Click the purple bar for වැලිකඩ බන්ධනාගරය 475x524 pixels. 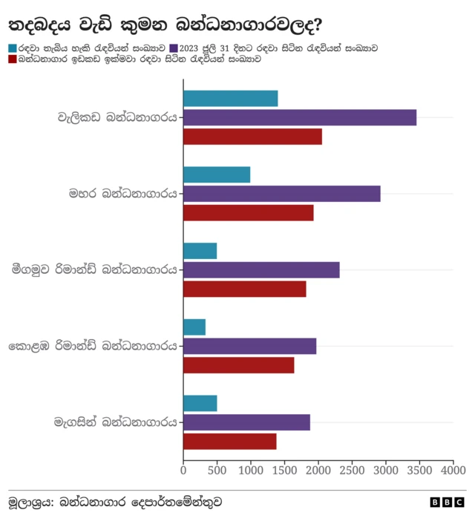pyautogui.click(x=299, y=117)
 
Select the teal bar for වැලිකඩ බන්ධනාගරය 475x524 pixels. pyautogui.click(x=230, y=98)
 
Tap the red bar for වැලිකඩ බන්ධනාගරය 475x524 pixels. pyautogui.click(x=252, y=137)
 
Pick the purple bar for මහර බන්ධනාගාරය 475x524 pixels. pyautogui.click(x=281, y=194)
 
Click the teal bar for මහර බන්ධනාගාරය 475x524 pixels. pyautogui.click(x=217, y=174)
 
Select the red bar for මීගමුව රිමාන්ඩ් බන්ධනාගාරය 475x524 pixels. pyautogui.click(x=244, y=289)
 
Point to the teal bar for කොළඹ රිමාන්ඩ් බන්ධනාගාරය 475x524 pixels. pyautogui.click(x=194, y=327)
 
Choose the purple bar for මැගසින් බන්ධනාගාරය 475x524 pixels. pyautogui.click(x=246, y=422)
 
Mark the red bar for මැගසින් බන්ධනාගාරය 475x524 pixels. pyautogui.click(x=229, y=442)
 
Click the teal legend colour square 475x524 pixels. pyautogui.click(x=13, y=48)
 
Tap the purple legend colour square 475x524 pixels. pyautogui.click(x=174, y=48)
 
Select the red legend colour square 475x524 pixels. pyautogui.click(x=13, y=59)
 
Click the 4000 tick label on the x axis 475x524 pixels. pyautogui.click(x=453, y=471)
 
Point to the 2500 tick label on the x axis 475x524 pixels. pyautogui.click(x=352, y=471)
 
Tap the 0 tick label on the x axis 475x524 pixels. pyautogui.click(x=183, y=471)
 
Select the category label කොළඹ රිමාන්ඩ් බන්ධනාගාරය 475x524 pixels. pyautogui.click(x=93, y=347)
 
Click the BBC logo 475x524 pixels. pyautogui.click(x=448, y=502)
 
